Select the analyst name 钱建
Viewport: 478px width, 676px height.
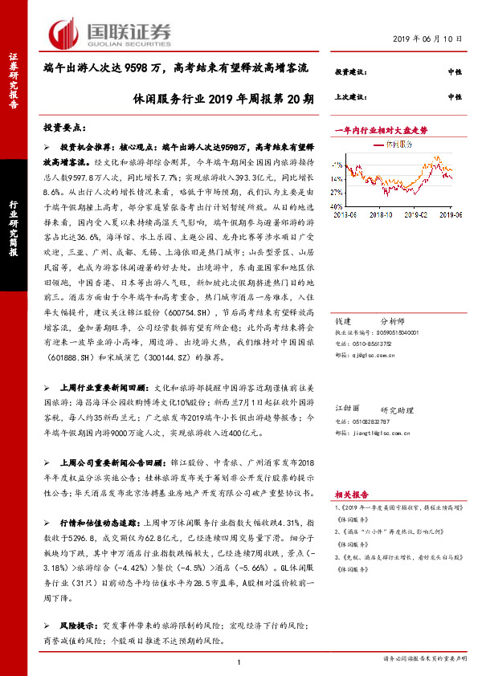(x=343, y=320)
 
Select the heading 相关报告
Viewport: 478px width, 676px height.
(x=349, y=495)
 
